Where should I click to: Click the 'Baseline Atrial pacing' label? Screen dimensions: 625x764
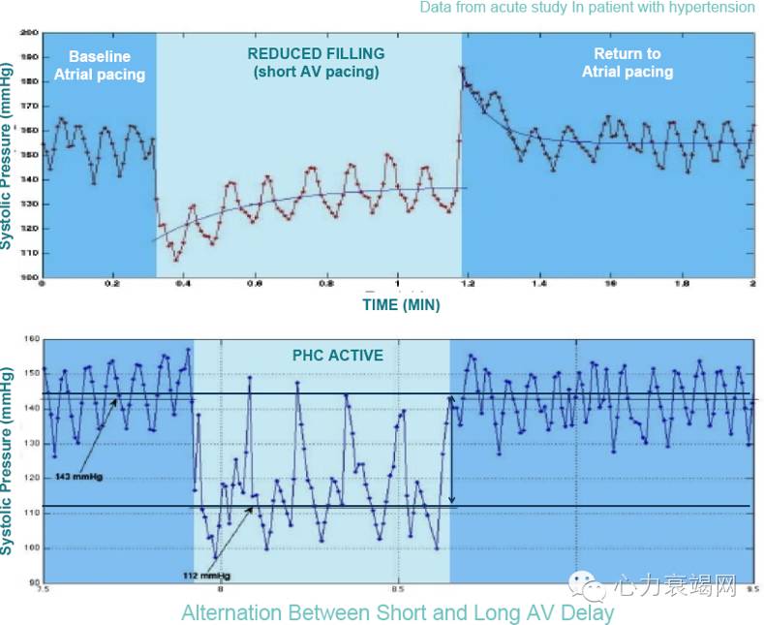coord(100,65)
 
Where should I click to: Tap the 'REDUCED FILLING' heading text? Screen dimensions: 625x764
coord(316,54)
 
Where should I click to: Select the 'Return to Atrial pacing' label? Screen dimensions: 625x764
coord(626,62)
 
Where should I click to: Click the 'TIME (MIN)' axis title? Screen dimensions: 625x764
coord(401,305)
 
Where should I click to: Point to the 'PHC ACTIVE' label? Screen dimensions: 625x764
coord(337,356)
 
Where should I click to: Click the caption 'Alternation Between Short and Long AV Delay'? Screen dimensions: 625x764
coord(397,612)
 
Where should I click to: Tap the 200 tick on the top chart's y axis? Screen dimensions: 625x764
coord(29,33)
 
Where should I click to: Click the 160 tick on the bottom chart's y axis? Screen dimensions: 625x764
coord(29,339)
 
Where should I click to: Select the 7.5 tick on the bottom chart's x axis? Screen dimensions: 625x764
coord(42,588)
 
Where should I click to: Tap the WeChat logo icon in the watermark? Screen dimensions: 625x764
coord(587,584)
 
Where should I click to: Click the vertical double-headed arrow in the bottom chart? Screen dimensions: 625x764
coord(450,450)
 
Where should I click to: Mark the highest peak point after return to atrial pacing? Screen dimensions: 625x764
coord(462,68)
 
